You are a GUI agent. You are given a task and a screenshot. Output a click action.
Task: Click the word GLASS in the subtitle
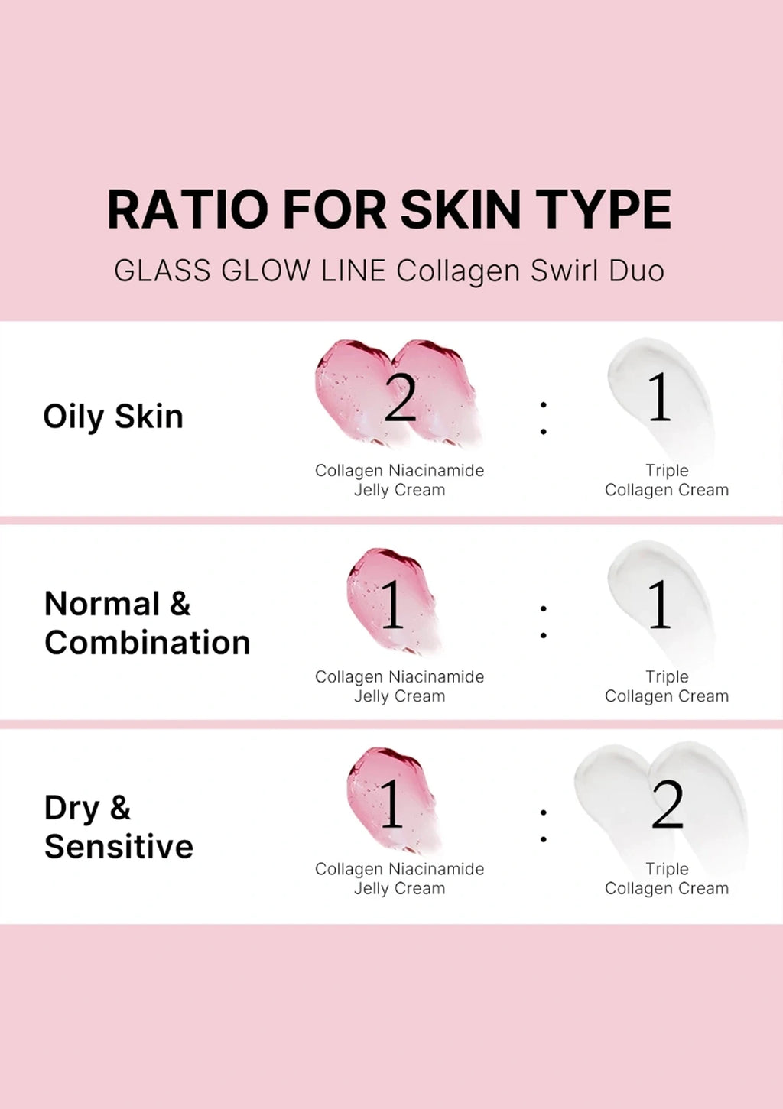(x=162, y=271)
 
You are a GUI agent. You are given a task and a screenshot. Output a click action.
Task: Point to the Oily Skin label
(x=113, y=416)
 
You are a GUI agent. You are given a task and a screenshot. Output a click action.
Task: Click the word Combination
(x=147, y=643)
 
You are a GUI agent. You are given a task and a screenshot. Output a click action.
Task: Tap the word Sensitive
(x=119, y=846)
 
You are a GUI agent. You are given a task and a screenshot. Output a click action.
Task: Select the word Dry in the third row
(x=73, y=809)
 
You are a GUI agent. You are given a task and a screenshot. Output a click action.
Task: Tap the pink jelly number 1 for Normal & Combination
(x=392, y=604)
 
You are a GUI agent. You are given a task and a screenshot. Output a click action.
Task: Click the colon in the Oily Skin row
(x=544, y=418)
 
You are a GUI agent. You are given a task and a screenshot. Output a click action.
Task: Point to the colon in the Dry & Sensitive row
(x=544, y=825)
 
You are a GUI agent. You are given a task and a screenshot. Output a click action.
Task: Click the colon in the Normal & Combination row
(x=544, y=622)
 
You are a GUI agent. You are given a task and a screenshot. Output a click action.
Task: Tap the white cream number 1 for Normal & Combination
(x=660, y=604)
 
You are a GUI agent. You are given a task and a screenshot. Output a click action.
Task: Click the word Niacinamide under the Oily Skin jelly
(x=437, y=470)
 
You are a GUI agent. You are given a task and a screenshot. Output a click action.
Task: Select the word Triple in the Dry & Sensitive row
(x=667, y=869)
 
